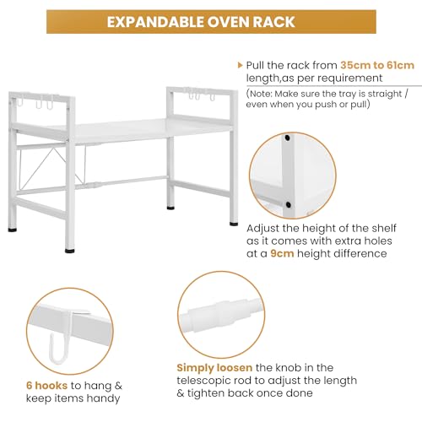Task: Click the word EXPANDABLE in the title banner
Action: click(x=156, y=22)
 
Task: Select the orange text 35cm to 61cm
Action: click(x=377, y=65)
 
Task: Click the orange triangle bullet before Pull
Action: click(x=240, y=65)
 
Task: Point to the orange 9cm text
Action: click(x=282, y=253)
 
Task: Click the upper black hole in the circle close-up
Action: click(x=287, y=138)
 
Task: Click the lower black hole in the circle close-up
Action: click(x=288, y=204)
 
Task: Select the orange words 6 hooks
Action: click(x=46, y=386)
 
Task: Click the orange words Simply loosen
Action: click(x=214, y=368)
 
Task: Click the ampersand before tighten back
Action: click(x=181, y=393)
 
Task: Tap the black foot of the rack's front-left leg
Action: click(x=70, y=250)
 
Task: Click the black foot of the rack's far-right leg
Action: click(x=234, y=224)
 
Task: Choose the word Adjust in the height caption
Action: click(x=262, y=229)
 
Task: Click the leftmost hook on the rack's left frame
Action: click(x=19, y=101)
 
